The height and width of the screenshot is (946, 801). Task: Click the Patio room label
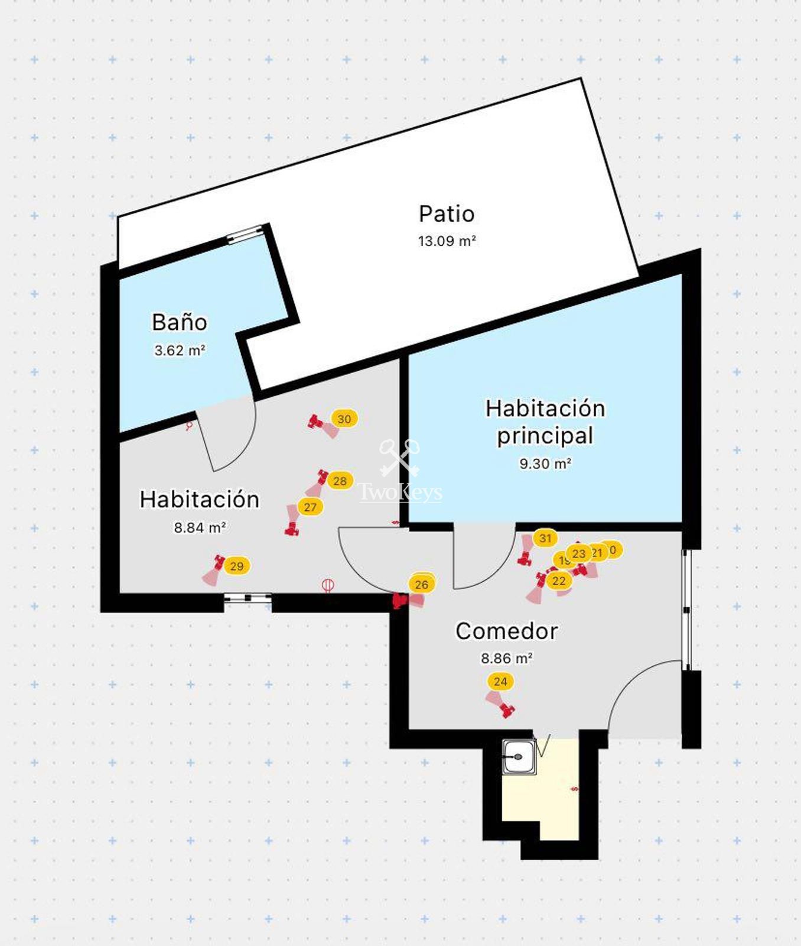(x=447, y=214)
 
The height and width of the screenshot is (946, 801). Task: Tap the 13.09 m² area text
(x=447, y=241)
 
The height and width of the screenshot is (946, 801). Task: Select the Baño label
(x=179, y=322)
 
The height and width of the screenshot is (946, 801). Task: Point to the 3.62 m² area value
(x=179, y=350)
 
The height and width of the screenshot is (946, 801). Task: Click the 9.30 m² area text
(x=545, y=464)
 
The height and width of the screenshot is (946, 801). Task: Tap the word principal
(x=545, y=436)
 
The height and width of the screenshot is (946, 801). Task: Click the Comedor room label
(x=506, y=631)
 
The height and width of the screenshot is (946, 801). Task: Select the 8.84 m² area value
(x=199, y=527)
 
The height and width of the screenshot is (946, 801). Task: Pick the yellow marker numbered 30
(x=344, y=419)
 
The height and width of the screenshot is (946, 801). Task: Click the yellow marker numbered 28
(x=340, y=481)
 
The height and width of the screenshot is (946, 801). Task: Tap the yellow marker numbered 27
(x=310, y=507)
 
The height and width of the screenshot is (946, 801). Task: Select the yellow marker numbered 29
(x=236, y=566)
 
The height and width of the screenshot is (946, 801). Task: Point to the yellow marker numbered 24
(x=500, y=681)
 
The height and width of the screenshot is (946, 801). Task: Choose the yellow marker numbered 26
(x=421, y=584)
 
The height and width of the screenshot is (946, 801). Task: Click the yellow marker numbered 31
(x=545, y=538)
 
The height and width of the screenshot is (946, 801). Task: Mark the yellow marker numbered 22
(x=559, y=581)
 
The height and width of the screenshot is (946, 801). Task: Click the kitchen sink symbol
(x=519, y=756)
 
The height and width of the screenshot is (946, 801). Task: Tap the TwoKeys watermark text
(x=400, y=492)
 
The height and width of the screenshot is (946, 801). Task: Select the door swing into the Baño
(x=227, y=435)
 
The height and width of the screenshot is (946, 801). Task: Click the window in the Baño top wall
(x=245, y=234)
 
